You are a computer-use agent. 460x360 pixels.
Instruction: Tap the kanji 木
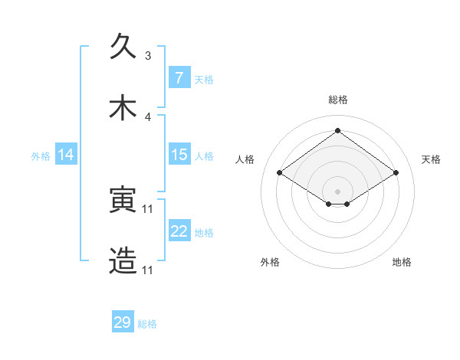tap(123, 108)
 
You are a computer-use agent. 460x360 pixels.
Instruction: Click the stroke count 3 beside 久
tap(148, 56)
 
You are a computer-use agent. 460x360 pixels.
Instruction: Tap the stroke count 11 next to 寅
tap(148, 208)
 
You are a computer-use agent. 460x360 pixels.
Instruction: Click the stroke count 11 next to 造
tap(148, 270)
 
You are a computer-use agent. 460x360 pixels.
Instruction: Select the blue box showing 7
tap(179, 77)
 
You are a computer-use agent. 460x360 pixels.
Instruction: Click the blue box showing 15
tap(179, 155)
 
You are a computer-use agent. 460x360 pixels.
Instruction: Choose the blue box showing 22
tap(179, 231)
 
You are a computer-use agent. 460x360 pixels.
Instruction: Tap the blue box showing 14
tap(66, 155)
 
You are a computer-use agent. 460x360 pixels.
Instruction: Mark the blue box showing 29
tap(123, 322)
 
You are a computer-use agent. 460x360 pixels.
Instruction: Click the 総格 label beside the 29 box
tap(147, 324)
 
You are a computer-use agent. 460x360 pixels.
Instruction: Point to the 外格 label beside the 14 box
tap(41, 156)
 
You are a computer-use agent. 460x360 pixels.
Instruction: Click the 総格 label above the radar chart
tap(337, 100)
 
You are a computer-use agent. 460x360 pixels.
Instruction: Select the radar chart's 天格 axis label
tap(431, 159)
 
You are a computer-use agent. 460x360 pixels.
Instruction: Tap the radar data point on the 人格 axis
tap(280, 173)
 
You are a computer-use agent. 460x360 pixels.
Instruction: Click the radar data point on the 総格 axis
tap(337, 130)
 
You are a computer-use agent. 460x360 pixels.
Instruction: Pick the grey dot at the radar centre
tap(337, 191)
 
